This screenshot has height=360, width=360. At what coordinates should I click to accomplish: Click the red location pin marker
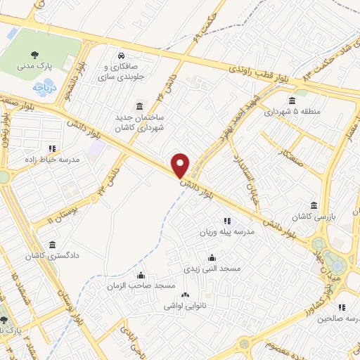tap(181, 165)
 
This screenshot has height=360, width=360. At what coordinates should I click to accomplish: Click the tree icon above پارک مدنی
tap(34, 53)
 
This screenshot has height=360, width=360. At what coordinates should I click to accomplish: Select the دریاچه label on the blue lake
tap(41, 89)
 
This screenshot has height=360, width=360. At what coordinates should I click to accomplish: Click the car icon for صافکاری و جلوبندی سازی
tap(122, 56)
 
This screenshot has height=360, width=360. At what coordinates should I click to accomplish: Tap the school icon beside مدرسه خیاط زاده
tap(51, 148)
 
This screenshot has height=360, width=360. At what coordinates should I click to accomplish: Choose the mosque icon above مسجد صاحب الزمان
tap(141, 274)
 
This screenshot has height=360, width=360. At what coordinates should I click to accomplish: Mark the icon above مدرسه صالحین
tap(341, 307)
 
